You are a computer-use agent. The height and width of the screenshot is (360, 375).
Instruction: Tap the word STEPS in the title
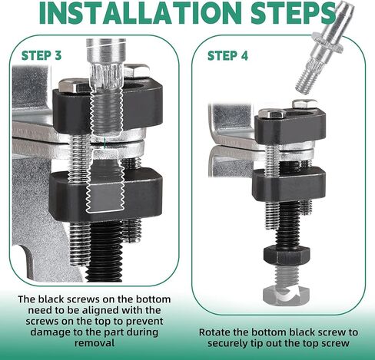[293, 12]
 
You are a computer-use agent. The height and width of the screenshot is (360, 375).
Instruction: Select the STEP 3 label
[41, 55]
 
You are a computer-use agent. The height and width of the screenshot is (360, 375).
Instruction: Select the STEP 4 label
[227, 56]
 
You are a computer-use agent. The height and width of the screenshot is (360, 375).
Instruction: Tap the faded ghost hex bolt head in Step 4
[287, 295]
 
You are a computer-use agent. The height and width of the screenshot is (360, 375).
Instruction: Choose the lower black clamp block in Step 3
[105, 194]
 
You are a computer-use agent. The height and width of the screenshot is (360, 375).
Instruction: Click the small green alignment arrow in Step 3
[105, 144]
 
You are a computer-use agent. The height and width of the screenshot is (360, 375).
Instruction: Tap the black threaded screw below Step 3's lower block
[105, 251]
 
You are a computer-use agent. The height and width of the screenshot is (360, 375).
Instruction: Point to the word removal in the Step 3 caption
[95, 343]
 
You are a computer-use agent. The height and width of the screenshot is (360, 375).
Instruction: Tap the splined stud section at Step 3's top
[107, 76]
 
